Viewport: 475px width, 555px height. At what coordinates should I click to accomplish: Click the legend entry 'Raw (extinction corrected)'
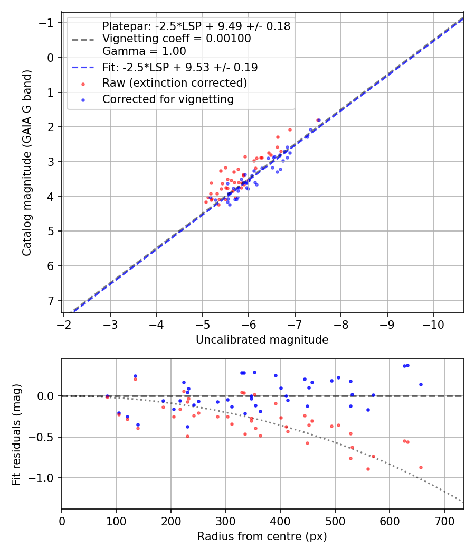175,83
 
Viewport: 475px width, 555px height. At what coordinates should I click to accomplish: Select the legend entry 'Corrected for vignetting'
168,99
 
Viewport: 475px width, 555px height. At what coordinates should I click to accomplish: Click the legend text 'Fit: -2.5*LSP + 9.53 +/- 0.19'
180,67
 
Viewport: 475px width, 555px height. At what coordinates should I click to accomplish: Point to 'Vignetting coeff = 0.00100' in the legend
177,39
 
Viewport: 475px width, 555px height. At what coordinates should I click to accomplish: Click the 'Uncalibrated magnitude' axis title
262,340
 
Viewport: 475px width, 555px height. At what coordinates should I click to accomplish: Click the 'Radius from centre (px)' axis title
262,536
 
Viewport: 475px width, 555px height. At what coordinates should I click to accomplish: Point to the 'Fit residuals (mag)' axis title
16,434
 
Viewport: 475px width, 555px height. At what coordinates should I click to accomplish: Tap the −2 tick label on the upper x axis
64,322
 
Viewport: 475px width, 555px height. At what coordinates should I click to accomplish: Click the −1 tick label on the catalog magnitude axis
49,23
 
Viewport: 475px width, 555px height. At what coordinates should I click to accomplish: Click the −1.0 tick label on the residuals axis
44,478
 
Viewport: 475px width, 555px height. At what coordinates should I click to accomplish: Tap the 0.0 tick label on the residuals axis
47,396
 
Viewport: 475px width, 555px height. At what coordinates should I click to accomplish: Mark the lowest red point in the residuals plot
368,469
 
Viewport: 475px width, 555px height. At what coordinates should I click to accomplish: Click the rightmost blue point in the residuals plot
421,384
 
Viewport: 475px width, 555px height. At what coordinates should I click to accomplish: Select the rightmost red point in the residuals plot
421,467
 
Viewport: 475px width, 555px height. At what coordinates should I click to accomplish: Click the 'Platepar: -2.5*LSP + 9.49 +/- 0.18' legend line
196,26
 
